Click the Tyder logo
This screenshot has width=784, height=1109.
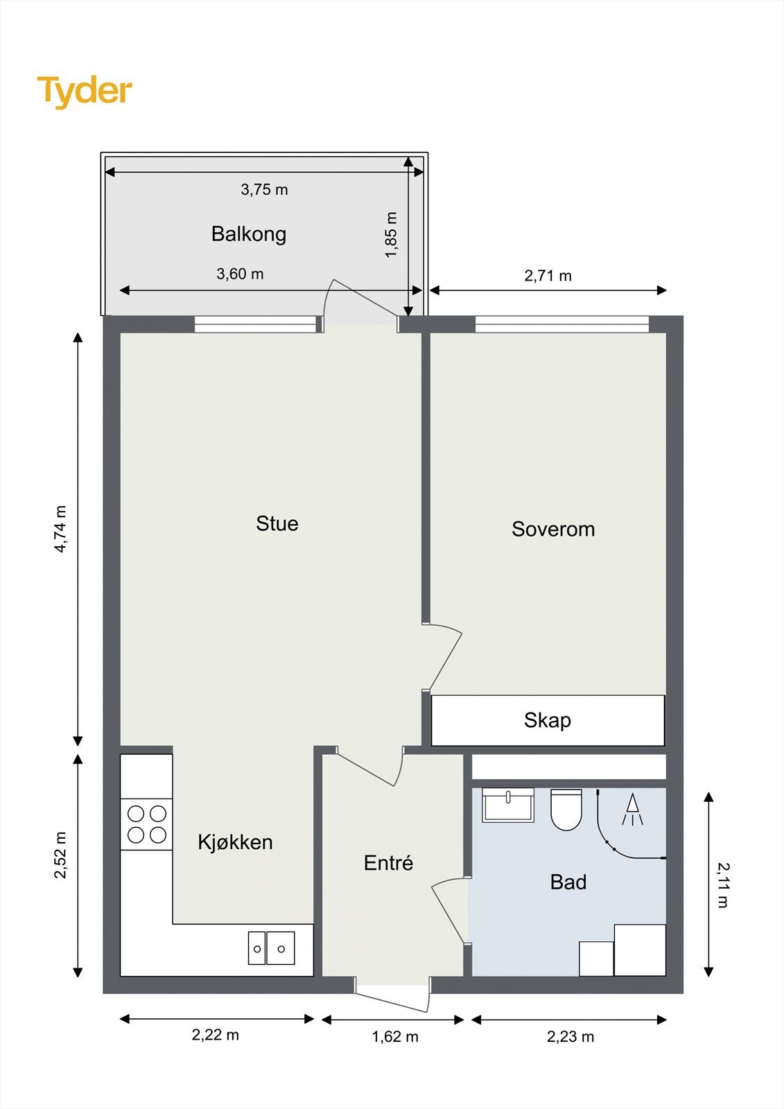[85, 92]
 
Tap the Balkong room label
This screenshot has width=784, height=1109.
[249, 234]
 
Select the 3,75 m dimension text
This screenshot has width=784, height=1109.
[265, 190]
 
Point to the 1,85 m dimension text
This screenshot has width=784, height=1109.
[391, 235]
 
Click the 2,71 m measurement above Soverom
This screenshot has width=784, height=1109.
[548, 276]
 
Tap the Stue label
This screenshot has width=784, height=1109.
[277, 523]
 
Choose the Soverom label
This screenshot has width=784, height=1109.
[553, 529]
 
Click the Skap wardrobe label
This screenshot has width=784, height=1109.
[547, 720]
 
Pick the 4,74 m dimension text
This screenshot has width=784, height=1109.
[60, 529]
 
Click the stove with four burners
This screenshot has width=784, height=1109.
[146, 824]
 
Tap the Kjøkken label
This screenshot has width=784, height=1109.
[235, 841]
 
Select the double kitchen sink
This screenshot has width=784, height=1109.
[272, 948]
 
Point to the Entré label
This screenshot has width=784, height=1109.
[388, 863]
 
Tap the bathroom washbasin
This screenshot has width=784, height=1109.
[508, 805]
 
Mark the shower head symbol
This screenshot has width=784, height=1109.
[632, 810]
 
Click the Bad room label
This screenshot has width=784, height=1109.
[568, 882]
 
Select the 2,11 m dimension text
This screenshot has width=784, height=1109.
[723, 885]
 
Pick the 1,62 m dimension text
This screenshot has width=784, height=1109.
[395, 1036]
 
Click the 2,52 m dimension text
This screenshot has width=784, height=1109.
[60, 855]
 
